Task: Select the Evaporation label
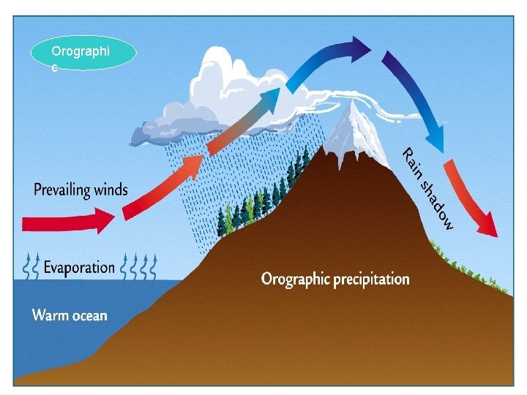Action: coord(79,267)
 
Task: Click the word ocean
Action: coord(89,316)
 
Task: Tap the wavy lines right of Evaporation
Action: coord(139,267)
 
